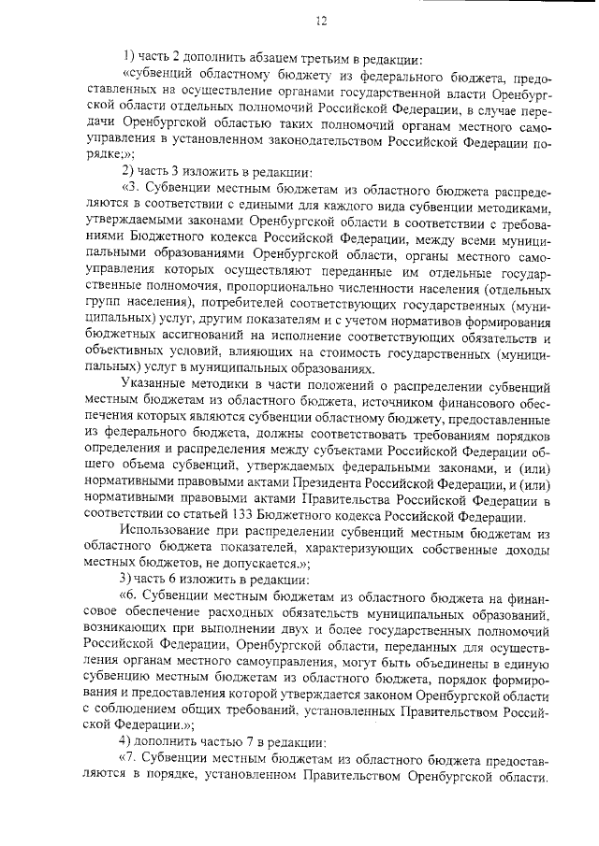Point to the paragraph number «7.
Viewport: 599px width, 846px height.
131,758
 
